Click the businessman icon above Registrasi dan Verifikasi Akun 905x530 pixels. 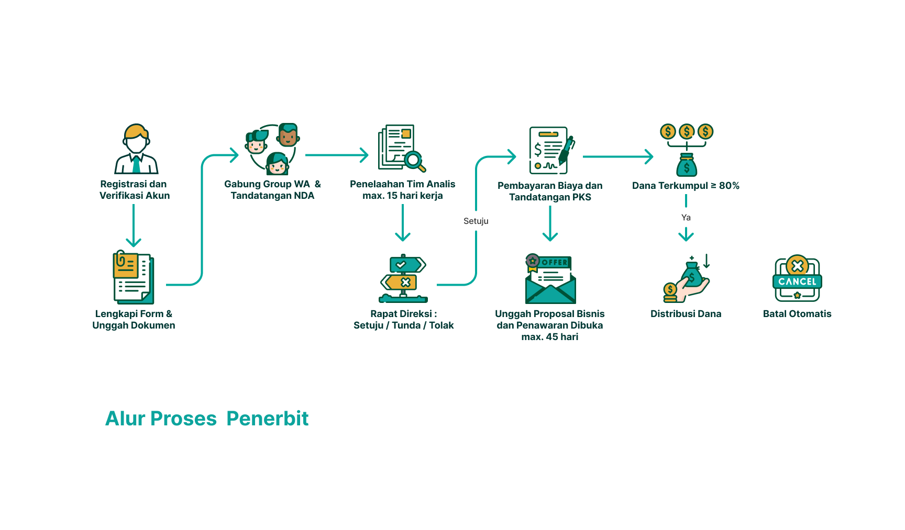(136, 149)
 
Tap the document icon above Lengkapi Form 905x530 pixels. (133, 277)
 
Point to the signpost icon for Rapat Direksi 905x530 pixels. (403, 278)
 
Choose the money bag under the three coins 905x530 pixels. (687, 165)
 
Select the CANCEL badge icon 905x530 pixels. (797, 279)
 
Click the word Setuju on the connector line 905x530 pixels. (476, 221)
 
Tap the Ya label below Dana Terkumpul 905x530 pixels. (686, 218)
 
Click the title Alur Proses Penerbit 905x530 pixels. (207, 419)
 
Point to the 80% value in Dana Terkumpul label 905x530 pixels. (729, 186)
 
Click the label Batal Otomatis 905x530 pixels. (797, 314)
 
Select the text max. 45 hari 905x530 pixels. (550, 337)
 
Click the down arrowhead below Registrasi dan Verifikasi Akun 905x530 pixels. (134, 242)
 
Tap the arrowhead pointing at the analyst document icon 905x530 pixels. (364, 155)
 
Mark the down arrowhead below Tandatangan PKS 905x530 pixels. (550, 236)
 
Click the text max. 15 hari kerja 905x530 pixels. (403, 196)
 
